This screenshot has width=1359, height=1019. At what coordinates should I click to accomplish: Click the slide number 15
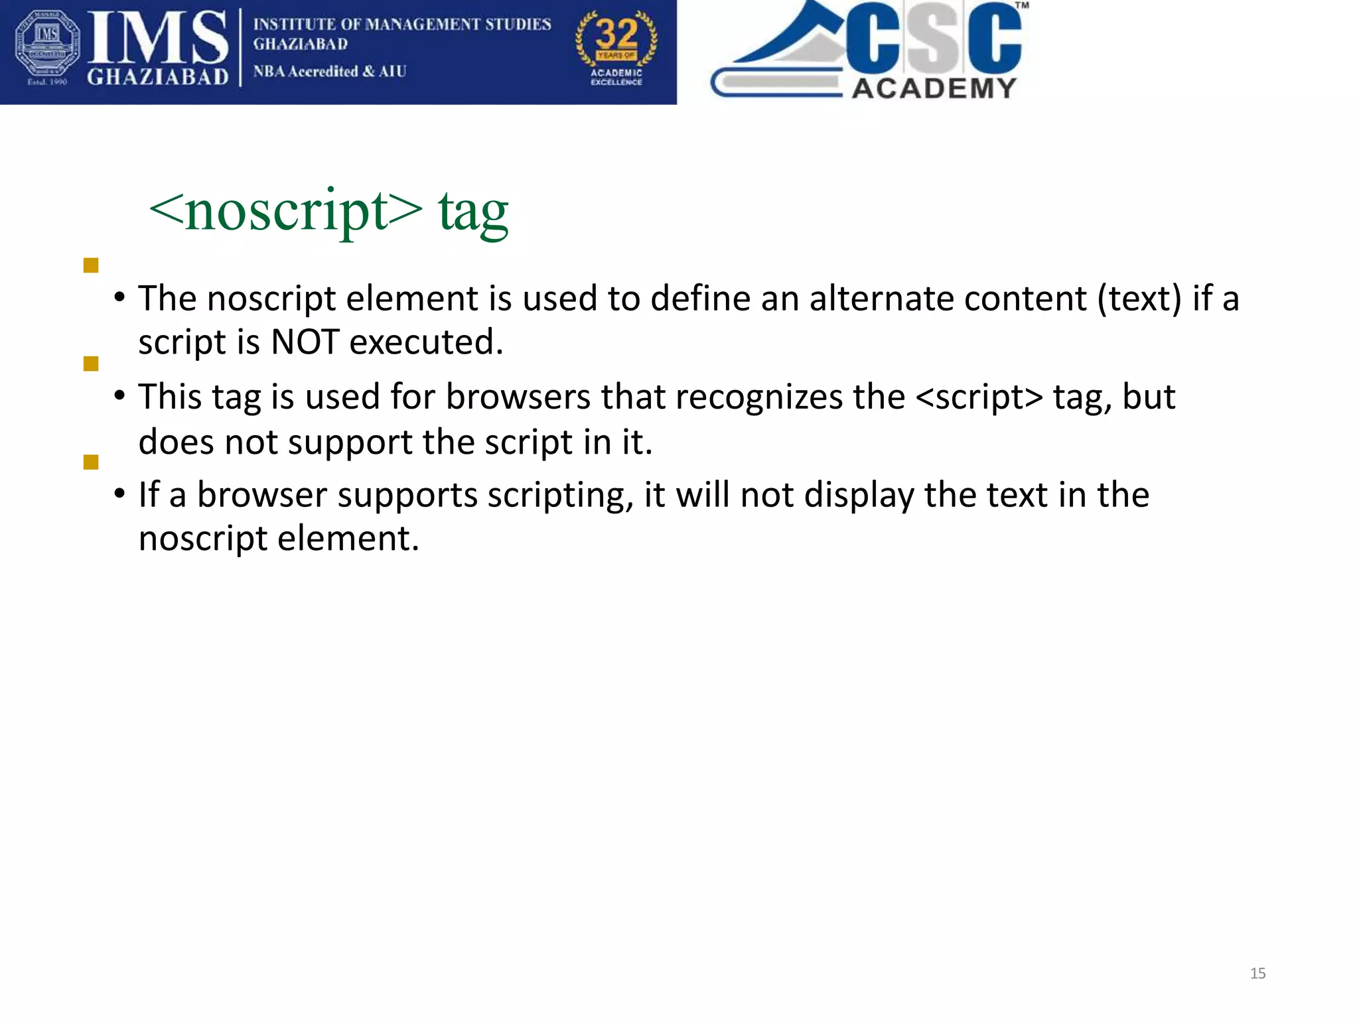(x=1257, y=973)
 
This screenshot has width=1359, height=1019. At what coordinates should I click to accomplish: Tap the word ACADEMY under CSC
(x=934, y=88)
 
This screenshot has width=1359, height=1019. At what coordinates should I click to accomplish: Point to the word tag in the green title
(x=473, y=212)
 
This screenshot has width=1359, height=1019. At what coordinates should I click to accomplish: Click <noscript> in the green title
(x=286, y=212)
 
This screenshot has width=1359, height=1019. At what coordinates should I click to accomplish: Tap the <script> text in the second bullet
(x=979, y=397)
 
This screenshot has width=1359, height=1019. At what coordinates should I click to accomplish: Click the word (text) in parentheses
(x=1139, y=299)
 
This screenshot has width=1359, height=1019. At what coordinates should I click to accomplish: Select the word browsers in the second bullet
(x=518, y=397)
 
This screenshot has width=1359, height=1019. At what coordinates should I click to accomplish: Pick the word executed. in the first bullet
(x=426, y=342)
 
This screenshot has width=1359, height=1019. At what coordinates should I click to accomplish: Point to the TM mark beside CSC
(x=1022, y=5)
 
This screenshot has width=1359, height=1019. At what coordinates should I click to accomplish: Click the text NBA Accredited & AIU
(x=329, y=71)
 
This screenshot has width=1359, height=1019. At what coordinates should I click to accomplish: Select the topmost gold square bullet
(x=91, y=265)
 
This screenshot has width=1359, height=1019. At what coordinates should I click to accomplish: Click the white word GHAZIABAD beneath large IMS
(x=157, y=78)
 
